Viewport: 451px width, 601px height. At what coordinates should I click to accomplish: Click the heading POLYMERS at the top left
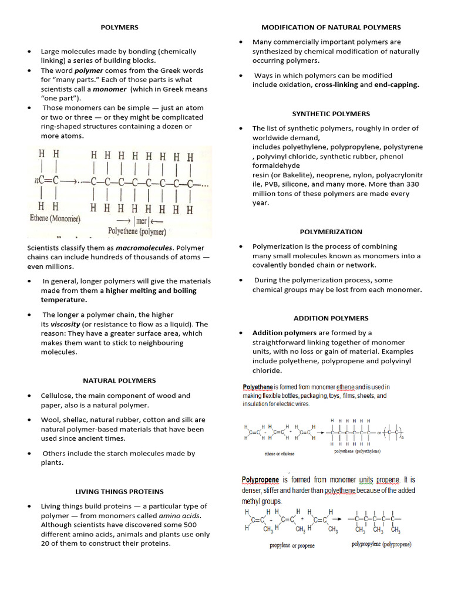point(119,27)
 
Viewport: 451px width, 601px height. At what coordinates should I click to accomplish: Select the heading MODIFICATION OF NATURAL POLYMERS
point(331,27)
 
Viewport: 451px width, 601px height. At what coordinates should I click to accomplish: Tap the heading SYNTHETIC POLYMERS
point(331,113)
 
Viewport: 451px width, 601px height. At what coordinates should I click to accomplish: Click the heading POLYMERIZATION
point(331,232)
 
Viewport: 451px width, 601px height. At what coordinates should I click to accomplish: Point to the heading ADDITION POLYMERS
point(331,318)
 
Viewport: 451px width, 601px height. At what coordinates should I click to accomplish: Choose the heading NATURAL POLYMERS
point(119,380)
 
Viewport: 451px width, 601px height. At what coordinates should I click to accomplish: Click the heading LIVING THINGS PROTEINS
point(119,491)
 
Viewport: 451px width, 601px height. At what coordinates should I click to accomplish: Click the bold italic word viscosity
point(65,324)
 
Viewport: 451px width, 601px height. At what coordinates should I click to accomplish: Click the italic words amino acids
point(184,515)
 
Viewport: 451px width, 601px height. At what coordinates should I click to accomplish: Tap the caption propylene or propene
point(292,545)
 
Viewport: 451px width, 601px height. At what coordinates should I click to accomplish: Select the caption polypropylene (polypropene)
point(382,544)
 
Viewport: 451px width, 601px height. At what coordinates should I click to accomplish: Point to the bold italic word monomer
point(110,89)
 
